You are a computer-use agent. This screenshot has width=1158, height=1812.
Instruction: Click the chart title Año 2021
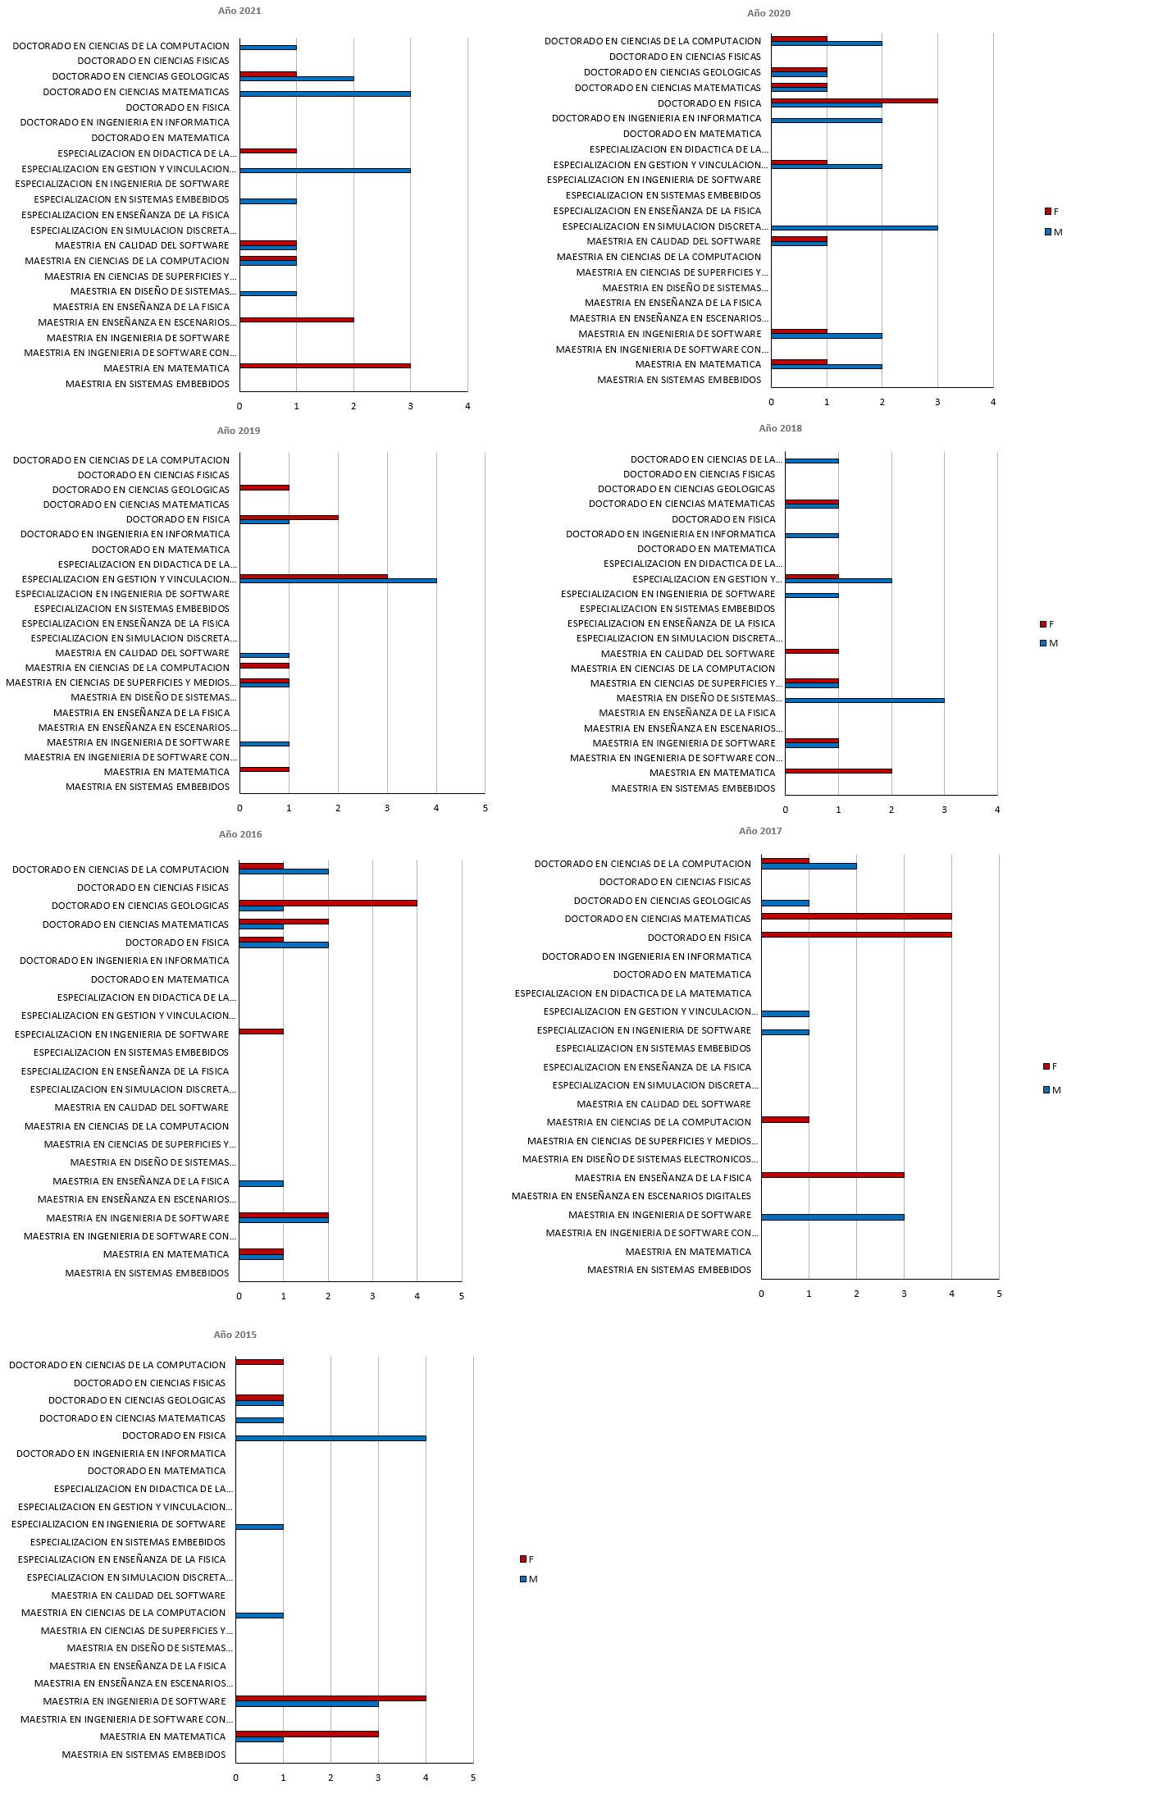point(239,11)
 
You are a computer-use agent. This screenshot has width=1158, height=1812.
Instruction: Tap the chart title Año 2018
point(780,428)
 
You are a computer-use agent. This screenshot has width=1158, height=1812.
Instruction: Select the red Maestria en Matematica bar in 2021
point(325,365)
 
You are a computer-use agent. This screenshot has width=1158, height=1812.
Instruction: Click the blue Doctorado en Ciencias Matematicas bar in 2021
point(325,94)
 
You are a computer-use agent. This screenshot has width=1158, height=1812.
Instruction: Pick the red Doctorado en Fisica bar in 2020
point(854,101)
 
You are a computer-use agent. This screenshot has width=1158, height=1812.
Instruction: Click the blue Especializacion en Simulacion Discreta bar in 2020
point(854,228)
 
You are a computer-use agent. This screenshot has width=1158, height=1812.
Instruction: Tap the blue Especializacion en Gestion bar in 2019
point(338,581)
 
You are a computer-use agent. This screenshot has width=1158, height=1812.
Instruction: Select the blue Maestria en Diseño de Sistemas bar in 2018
point(864,701)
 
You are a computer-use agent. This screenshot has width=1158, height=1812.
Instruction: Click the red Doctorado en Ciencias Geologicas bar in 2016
point(328,903)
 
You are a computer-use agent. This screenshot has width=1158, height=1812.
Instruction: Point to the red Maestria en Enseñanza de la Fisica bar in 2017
point(832,1175)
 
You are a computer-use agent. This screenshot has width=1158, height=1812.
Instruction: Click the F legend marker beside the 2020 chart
point(1047,212)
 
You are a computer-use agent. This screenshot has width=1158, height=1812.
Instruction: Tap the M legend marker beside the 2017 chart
point(1047,1090)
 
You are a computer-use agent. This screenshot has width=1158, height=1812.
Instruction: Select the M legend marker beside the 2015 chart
point(523,1579)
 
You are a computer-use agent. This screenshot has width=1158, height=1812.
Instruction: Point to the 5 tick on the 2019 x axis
point(485,808)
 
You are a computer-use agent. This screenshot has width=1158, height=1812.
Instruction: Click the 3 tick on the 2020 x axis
point(937,402)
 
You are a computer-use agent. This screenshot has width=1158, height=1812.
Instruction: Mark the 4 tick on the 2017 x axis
point(951,1294)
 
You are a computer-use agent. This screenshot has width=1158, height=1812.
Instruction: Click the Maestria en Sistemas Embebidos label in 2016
point(147,1273)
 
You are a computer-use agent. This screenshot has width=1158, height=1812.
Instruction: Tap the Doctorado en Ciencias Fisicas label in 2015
point(149,1383)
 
